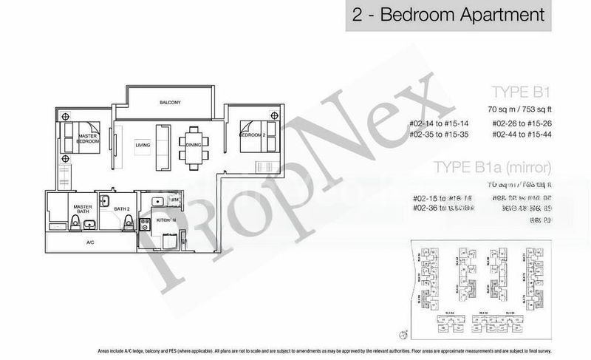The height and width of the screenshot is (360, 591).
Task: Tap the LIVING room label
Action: click(143, 146)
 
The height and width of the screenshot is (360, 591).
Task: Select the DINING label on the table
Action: click(194, 146)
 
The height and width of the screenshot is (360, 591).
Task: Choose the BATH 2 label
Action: click(121, 210)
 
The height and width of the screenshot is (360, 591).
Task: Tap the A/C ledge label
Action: click(90, 242)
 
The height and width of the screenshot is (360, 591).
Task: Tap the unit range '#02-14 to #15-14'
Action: click(443, 123)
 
